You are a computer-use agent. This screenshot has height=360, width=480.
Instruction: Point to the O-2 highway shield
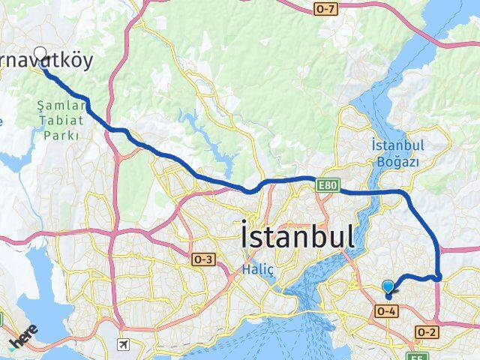(427, 331)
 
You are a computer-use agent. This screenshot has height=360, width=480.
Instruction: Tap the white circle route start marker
(40, 54)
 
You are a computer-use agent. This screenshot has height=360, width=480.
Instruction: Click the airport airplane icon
(122, 344)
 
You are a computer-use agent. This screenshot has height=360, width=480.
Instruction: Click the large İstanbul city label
(297, 236)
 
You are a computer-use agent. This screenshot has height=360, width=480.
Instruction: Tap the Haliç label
(254, 268)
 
